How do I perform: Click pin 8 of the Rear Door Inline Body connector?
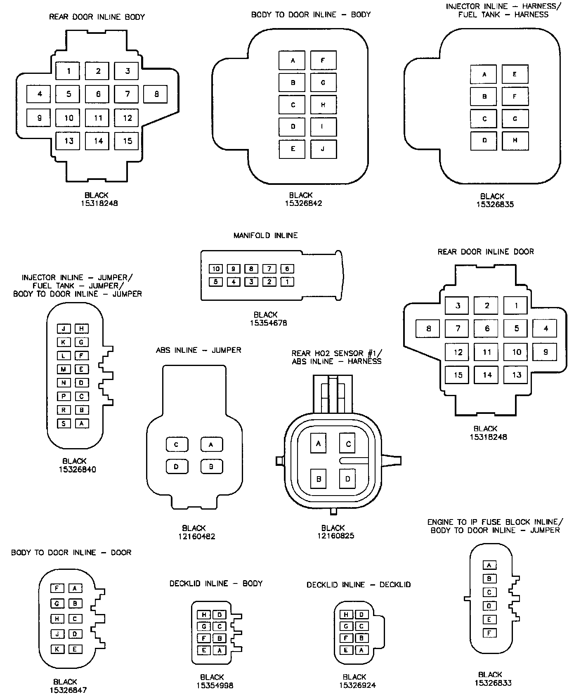156,94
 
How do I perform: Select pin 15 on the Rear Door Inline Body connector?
127,141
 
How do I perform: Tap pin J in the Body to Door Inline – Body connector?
323,149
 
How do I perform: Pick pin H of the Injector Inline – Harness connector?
515,140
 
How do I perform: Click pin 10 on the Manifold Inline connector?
215,269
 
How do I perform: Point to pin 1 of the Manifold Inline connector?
287,282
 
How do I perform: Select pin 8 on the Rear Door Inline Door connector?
428,329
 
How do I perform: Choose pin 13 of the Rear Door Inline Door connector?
517,375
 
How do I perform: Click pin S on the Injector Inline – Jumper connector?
64,423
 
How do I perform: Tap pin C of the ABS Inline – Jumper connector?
177,444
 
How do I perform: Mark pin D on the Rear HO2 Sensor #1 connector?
348,479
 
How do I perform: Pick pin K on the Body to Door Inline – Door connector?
57,649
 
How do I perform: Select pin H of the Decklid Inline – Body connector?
204,615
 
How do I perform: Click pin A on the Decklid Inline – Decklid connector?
361,650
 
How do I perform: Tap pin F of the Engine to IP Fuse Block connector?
489,633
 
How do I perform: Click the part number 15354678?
268,323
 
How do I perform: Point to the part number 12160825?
335,536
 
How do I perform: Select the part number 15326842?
303,203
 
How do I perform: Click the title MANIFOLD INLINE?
265,236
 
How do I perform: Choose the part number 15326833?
493,683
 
